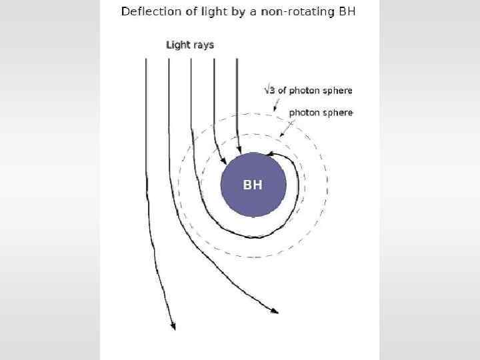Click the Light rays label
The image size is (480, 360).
pyautogui.click(x=190, y=45)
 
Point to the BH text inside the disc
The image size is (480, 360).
pyautogui.click(x=253, y=185)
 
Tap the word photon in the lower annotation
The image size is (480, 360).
pyautogui.click(x=304, y=113)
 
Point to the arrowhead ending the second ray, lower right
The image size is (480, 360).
pyautogui.click(x=274, y=311)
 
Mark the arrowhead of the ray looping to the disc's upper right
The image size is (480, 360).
pyautogui.click(x=268, y=155)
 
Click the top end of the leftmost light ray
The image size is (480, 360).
pyautogui.click(x=146, y=59)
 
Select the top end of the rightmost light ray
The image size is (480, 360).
pyautogui.click(x=237, y=59)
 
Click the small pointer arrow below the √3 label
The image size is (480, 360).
pyautogui.click(x=273, y=107)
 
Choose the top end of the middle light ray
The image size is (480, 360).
pyautogui.click(x=191, y=59)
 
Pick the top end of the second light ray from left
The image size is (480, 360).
pyautogui.click(x=169, y=59)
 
